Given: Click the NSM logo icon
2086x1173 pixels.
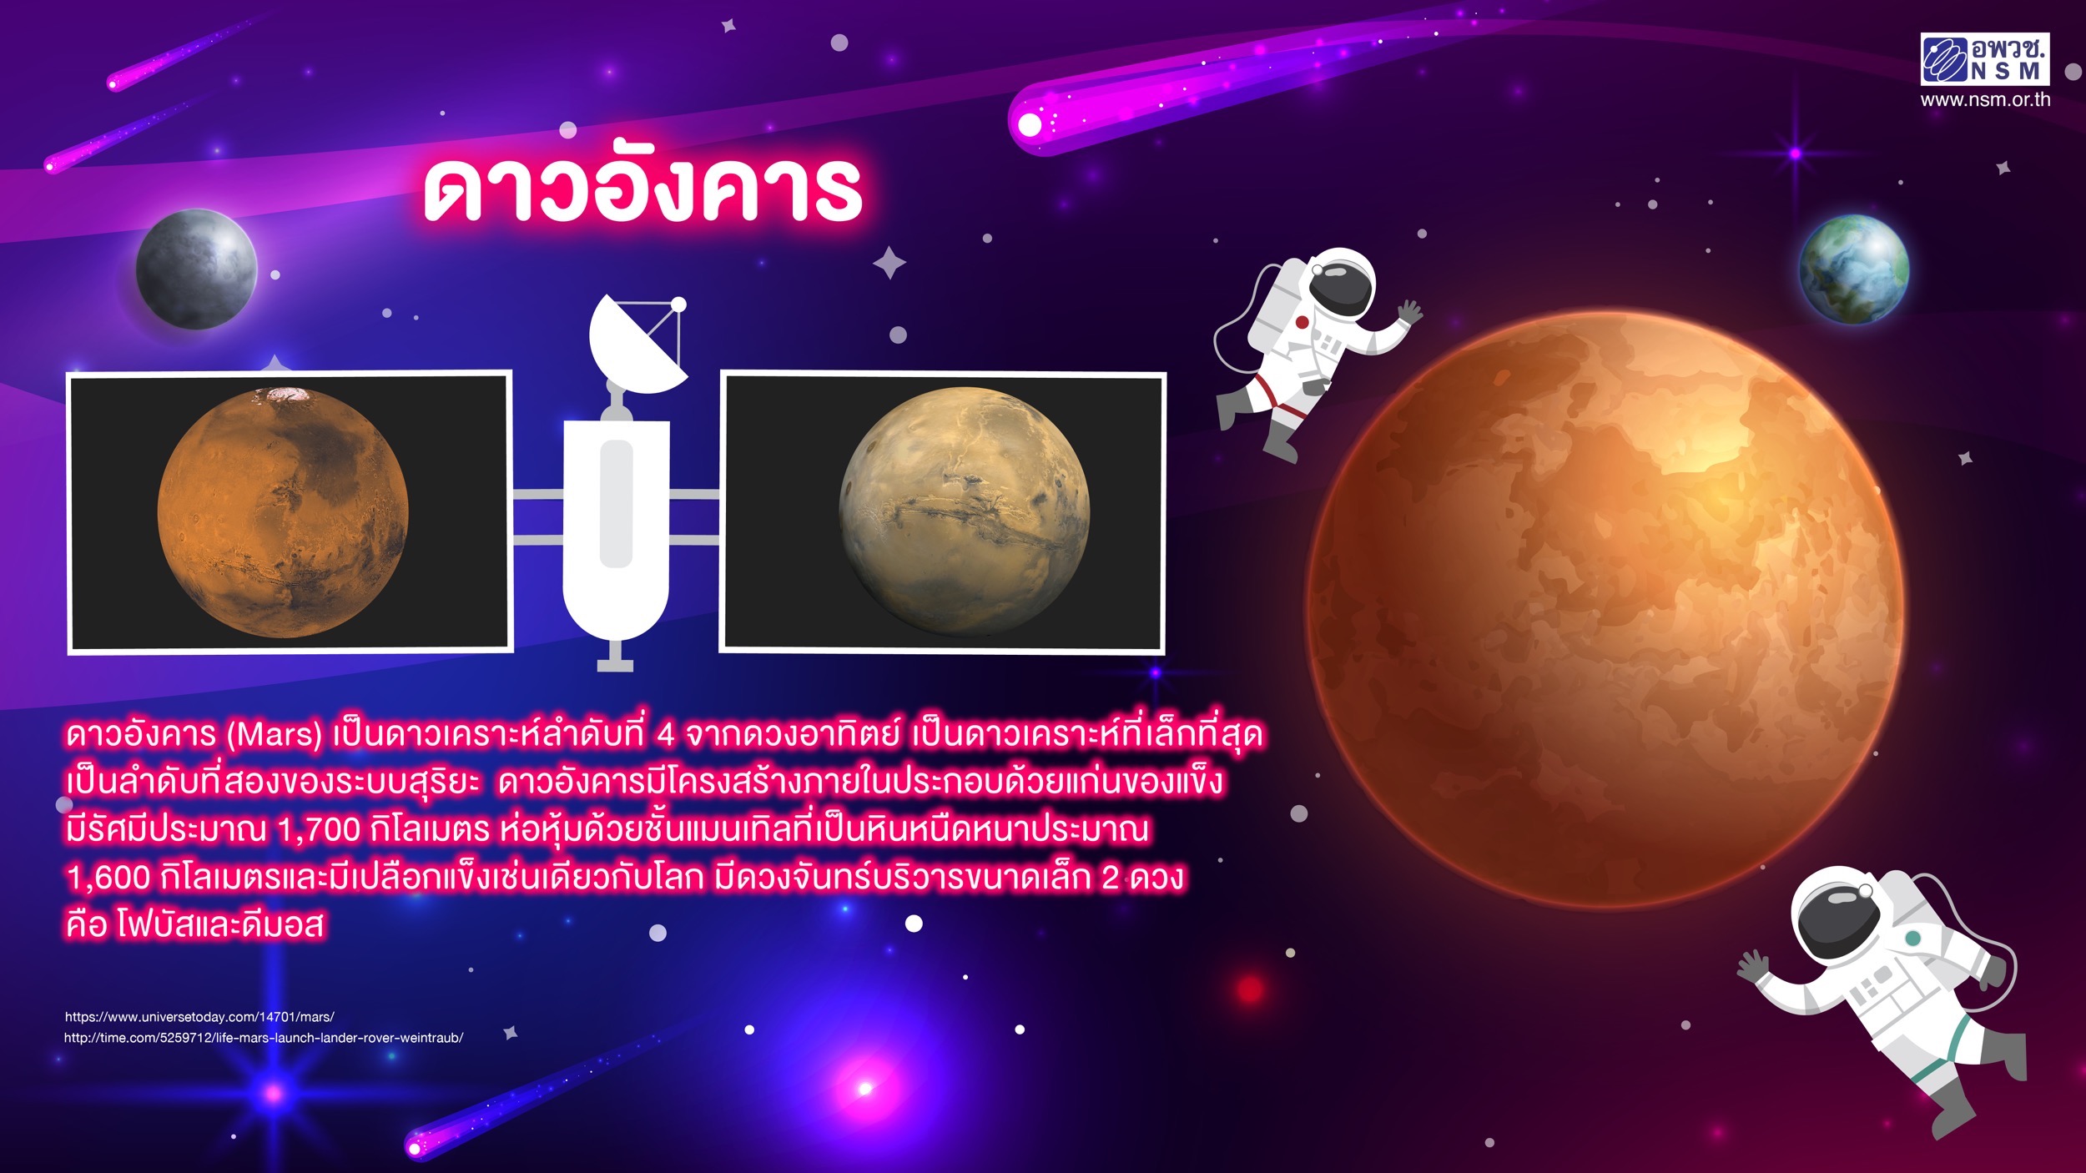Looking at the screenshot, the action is coord(1945,60).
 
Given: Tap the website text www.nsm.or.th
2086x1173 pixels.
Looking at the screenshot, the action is coord(1985,100).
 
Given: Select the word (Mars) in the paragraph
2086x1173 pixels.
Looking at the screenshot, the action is coord(275,734).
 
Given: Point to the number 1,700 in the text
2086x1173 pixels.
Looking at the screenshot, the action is coord(318,829).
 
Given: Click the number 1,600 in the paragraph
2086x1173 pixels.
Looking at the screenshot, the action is coord(108,877).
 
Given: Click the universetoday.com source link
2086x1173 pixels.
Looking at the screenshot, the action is coord(199,1017).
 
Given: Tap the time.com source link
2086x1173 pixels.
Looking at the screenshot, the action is coord(264,1038).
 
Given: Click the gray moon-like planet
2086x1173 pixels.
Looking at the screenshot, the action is coord(197,269).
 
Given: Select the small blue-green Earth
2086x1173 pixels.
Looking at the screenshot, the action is coord(1854,269).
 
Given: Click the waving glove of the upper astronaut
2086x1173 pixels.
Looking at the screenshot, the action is coord(1410,313).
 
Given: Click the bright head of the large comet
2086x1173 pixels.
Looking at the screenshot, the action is coord(1031,125).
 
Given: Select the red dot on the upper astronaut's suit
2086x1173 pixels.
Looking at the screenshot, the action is coord(1302,322).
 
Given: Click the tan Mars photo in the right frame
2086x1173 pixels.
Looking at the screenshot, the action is coord(964,511).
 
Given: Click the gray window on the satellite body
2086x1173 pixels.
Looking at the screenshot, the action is coord(616,504).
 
